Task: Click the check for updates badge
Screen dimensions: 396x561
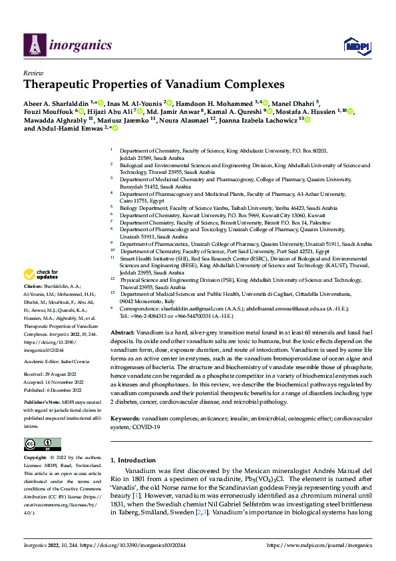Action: (43, 275)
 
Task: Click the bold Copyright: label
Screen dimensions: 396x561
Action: (36, 458)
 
